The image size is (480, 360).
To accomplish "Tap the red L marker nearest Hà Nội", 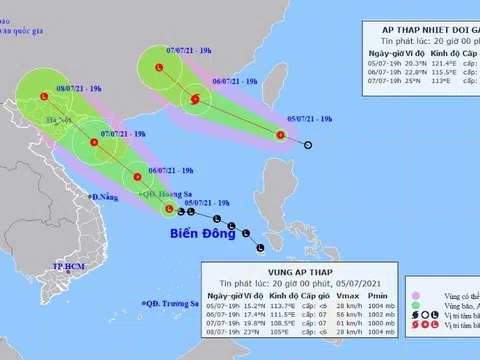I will (44, 97).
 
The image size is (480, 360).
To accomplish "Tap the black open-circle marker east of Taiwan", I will (307, 146).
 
